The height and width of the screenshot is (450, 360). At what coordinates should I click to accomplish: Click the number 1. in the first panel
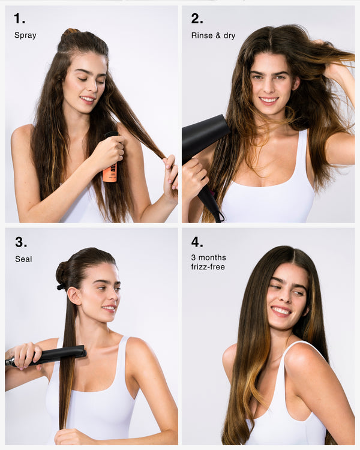19,19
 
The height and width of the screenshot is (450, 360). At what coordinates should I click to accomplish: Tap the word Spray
25,35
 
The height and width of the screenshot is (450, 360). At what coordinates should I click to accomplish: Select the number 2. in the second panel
197,19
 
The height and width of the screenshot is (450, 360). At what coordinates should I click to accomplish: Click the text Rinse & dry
213,35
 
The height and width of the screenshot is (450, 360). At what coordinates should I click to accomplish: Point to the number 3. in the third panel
21,242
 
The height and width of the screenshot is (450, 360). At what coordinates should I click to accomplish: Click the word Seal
23,259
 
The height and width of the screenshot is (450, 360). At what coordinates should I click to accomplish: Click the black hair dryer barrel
204,135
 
